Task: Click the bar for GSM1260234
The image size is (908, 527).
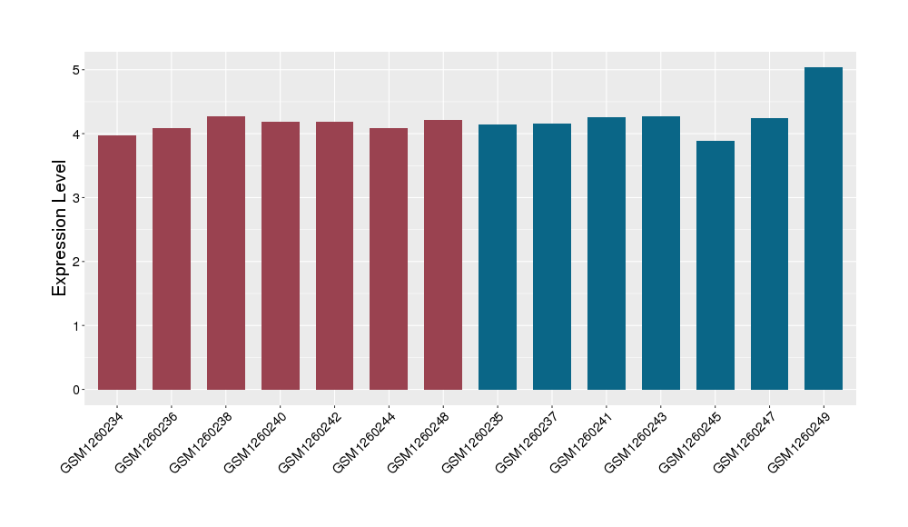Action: pos(117,263)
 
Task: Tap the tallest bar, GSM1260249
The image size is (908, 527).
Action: pos(824,228)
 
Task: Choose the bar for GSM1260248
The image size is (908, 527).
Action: pos(443,254)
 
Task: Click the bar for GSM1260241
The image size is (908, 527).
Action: pos(607,254)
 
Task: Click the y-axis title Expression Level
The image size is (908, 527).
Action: pos(60,228)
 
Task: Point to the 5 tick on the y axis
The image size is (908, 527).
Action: pos(77,70)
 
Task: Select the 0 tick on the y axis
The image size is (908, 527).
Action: pos(77,390)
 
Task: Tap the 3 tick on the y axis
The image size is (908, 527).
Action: pos(77,198)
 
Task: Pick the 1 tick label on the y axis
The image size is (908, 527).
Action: pos(77,326)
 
